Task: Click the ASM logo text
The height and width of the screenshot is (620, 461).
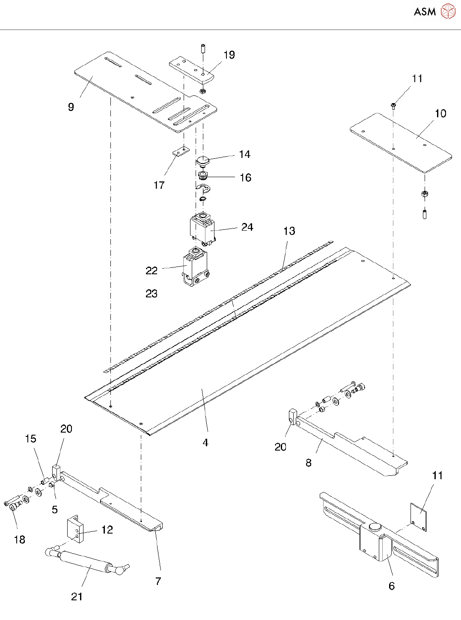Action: [425, 12]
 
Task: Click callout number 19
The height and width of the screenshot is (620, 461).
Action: [229, 55]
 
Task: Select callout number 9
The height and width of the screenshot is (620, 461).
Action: [71, 107]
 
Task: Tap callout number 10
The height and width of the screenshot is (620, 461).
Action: [440, 113]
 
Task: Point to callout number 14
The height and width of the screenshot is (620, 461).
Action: [244, 154]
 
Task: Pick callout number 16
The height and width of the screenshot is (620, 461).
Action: [245, 178]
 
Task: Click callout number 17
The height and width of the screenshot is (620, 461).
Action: [159, 185]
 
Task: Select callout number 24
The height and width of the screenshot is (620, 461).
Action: [247, 227]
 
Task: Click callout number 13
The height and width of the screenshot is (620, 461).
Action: [289, 231]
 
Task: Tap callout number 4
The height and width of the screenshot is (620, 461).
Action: [205, 442]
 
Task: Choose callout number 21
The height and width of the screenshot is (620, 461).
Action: [77, 596]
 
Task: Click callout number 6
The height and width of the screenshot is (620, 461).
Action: [392, 586]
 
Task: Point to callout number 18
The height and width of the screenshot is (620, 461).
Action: [20, 540]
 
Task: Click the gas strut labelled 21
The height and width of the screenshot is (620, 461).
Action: [86, 561]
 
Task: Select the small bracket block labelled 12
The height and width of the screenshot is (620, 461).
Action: [74, 529]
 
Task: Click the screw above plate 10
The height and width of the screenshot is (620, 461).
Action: [393, 105]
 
